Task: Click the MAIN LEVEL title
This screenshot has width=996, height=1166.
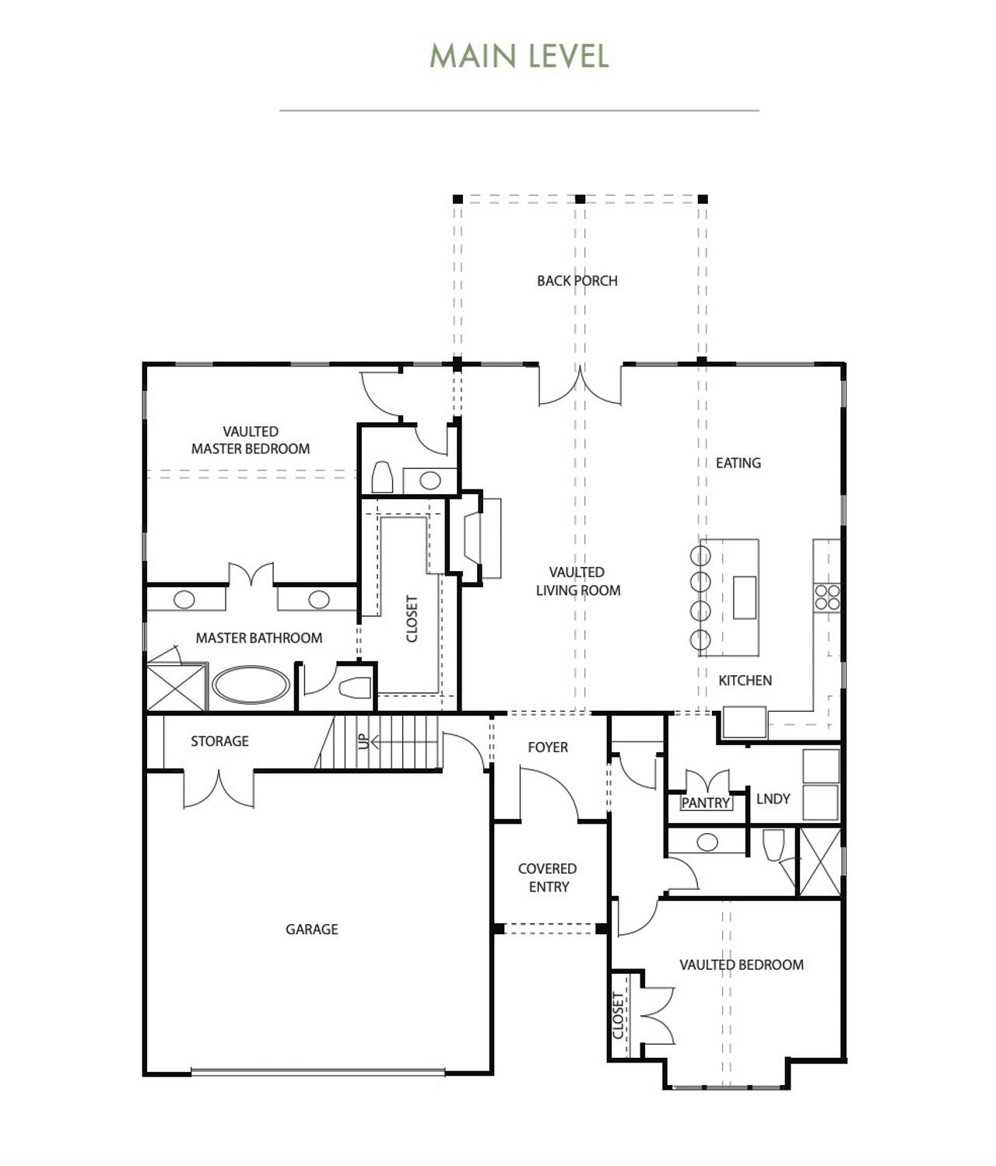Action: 519,56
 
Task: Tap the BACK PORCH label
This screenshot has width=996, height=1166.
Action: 577,281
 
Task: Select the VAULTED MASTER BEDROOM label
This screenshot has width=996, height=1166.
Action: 251,440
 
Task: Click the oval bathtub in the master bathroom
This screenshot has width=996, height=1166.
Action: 251,685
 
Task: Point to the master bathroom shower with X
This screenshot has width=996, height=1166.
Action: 177,686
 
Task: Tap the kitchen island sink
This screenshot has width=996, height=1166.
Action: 744,597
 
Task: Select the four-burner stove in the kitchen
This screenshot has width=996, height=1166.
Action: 827,597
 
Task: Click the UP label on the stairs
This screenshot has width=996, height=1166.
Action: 363,741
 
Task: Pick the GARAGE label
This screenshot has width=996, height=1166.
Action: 311,929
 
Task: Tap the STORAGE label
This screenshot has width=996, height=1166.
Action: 219,741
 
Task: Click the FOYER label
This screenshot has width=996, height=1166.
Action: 548,748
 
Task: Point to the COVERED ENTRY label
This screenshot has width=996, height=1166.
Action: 548,877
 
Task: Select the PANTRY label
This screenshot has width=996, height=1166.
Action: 706,803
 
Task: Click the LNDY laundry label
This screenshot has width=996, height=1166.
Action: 773,799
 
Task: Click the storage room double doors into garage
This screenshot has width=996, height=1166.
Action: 219,789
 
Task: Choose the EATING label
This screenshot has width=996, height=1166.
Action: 738,463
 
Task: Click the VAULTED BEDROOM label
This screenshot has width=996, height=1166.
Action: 741,965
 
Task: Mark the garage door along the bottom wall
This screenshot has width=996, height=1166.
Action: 317,1073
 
